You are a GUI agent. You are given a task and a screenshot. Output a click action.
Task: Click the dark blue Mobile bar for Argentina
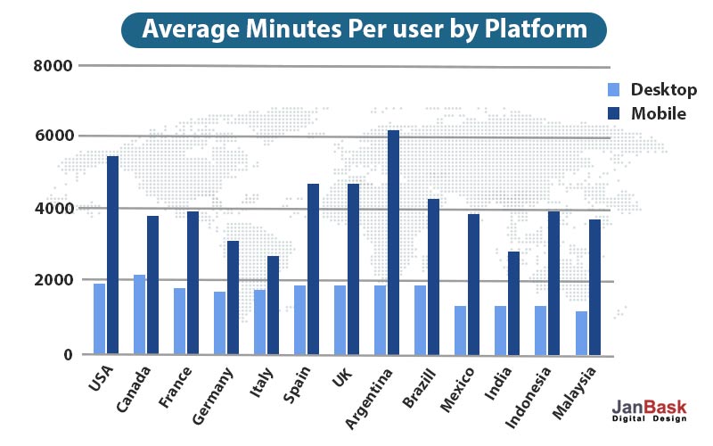tap(393, 243)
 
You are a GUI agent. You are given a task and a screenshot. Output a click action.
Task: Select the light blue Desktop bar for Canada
tap(140, 315)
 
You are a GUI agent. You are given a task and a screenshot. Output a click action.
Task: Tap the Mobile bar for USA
tap(113, 255)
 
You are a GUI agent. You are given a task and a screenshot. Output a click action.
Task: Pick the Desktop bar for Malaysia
tap(581, 333)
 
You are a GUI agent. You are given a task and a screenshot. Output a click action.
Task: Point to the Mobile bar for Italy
tap(273, 305)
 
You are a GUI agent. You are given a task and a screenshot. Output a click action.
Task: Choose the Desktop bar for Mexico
tap(460, 330)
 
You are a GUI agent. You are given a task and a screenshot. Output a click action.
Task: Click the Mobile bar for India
tap(514, 303)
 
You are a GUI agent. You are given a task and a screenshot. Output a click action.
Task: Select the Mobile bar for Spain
tap(314, 269)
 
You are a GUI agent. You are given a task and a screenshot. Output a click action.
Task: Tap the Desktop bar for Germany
tap(219, 323)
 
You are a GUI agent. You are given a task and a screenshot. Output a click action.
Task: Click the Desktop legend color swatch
tap(613, 90)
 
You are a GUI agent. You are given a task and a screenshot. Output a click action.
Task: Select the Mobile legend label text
tap(659, 113)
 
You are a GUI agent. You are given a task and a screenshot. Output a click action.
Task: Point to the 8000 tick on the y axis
tap(53, 66)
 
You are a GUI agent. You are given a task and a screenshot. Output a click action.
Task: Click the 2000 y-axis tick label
tap(53, 280)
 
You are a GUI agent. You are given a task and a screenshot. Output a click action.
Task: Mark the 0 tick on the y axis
tap(69, 354)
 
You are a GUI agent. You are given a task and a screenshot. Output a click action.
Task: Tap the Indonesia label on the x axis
tap(528, 398)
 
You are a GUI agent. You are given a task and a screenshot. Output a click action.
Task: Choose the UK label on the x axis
tap(342, 377)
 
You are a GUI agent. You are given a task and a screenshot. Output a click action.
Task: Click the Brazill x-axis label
tap(419, 388)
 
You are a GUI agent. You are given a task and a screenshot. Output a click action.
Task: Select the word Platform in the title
tap(536, 29)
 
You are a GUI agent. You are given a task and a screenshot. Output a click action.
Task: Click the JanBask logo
tap(650, 410)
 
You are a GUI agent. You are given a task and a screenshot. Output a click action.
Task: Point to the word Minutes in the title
tap(293, 29)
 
